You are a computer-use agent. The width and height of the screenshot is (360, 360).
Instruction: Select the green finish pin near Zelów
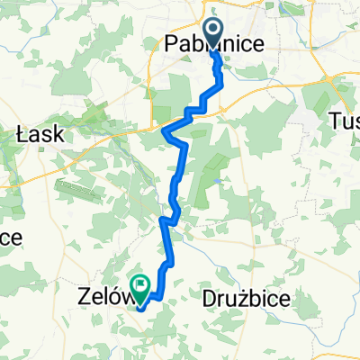(140, 287)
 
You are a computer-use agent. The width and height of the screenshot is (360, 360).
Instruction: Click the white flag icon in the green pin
(140, 284)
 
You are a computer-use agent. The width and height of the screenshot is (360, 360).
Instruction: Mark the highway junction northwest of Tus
(332, 81)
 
